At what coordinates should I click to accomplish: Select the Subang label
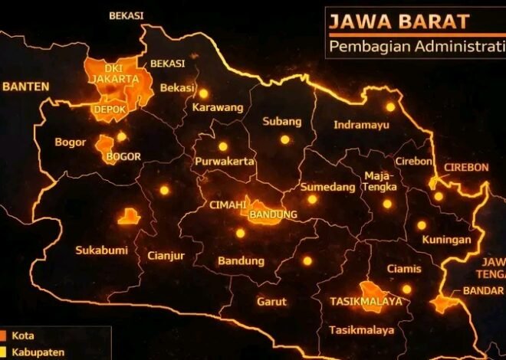pos(282,121)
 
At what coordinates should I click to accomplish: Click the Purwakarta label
pos(224,162)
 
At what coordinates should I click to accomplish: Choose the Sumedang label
pos(327,187)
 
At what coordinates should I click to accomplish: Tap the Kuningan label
pos(445,240)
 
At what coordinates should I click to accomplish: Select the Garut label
pos(271,301)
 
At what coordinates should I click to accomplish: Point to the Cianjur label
pos(166,256)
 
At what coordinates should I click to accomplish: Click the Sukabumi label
pos(101,250)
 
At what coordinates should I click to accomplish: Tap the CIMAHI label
pos(228,205)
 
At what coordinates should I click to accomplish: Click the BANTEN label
pos(25,87)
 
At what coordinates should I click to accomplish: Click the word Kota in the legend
pos(23,335)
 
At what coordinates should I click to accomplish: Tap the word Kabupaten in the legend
pos(34,352)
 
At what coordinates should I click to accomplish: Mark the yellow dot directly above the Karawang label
pos(204,93)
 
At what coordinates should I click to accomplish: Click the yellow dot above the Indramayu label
pos(390,107)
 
